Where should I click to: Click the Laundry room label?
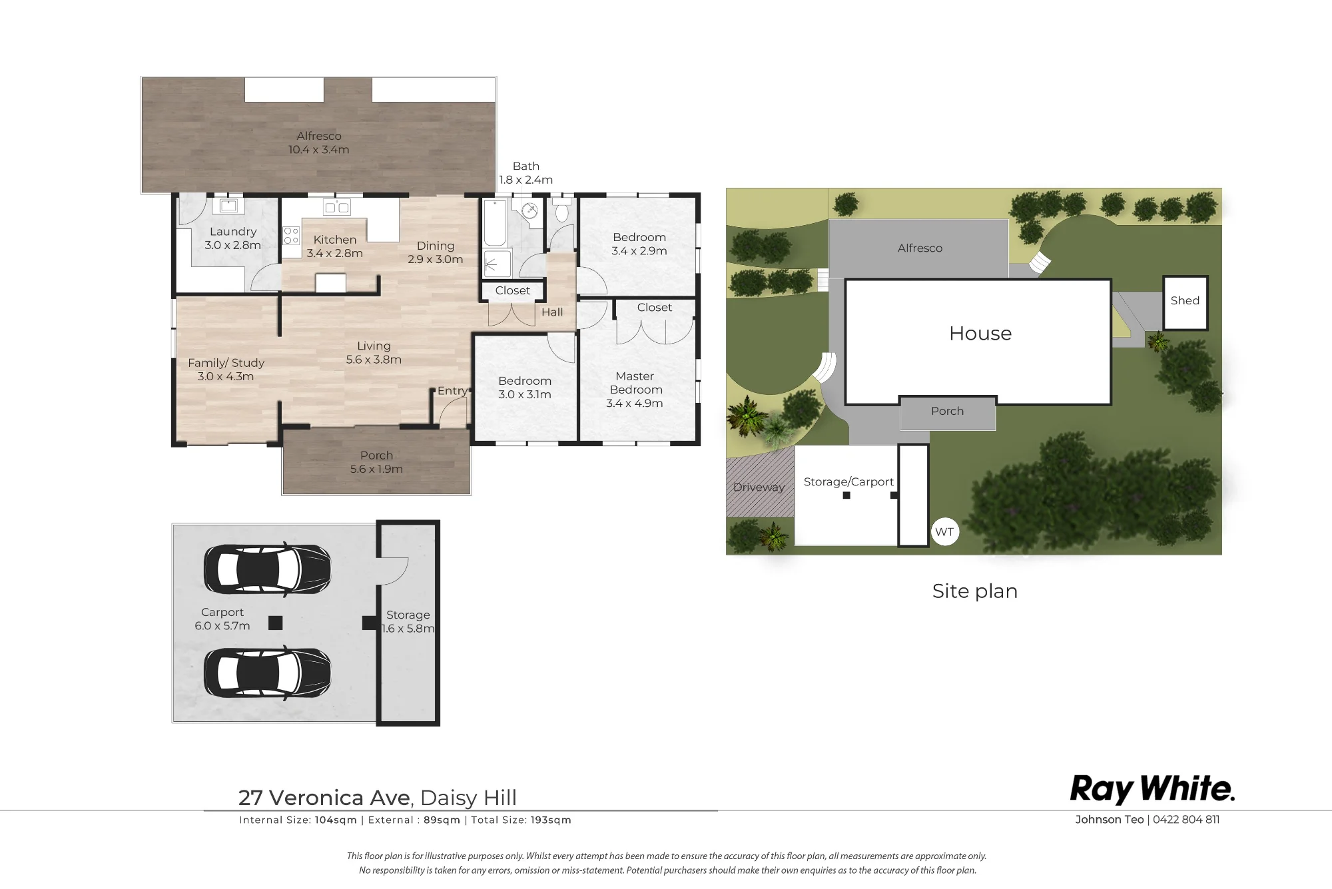(232, 238)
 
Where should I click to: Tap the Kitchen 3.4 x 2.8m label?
(334, 246)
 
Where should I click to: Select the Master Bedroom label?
(635, 390)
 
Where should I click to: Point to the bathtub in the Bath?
(494, 224)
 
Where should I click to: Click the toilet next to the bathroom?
(561, 210)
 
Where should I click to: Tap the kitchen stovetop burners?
(291, 235)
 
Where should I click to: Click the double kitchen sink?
(336, 207)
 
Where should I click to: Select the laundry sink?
(229, 205)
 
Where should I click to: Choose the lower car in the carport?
(267, 673)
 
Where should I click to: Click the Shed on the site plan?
(1185, 303)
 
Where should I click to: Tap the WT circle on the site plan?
(944, 532)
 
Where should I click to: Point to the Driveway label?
(759, 487)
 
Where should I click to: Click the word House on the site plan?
(980, 333)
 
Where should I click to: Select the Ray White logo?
(1152, 789)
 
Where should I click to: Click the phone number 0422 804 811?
(1186, 820)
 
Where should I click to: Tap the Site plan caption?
(975, 591)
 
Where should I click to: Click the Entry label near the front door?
(452, 391)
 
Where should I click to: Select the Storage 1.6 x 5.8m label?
(408, 622)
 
